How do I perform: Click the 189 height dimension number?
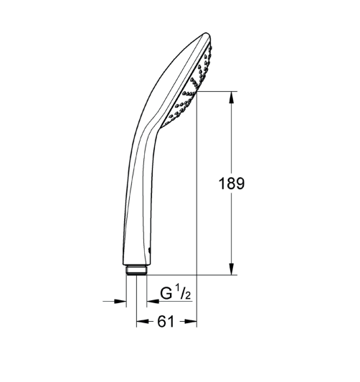point(231,183)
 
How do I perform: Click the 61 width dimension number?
point(166,322)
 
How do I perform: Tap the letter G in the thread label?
point(166,293)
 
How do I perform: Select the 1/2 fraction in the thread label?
point(184,292)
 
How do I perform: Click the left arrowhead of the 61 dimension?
point(142,322)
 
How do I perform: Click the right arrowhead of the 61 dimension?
point(191,322)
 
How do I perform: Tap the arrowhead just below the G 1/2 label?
point(153,301)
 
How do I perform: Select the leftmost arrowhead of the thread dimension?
point(120,301)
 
